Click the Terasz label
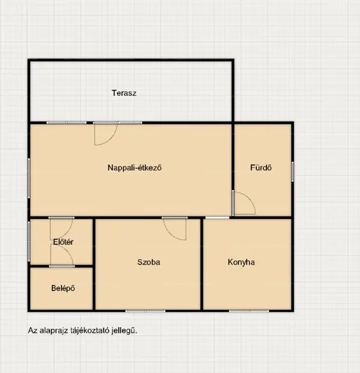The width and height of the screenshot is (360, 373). pos(124,93)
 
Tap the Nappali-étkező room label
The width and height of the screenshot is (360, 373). pos(134,168)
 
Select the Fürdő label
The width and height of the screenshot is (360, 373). pos(261,167)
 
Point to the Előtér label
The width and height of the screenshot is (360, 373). pos(63,242)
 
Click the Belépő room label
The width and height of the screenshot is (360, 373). pos(63,288)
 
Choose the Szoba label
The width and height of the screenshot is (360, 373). pos(149,262)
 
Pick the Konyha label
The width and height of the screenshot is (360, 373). pos(241,262)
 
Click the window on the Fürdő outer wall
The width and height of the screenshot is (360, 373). pos(292,172)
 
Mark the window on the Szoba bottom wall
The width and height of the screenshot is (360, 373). pos(145,311)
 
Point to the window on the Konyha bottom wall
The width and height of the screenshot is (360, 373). pos(249,311)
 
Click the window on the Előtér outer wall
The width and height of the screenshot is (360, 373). pos(29,242)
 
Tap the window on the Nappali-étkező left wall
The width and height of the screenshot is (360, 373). pos(29,178)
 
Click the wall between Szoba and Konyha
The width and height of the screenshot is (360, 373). pos(202,264)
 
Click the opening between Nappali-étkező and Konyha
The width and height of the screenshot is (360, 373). pos(217,218)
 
